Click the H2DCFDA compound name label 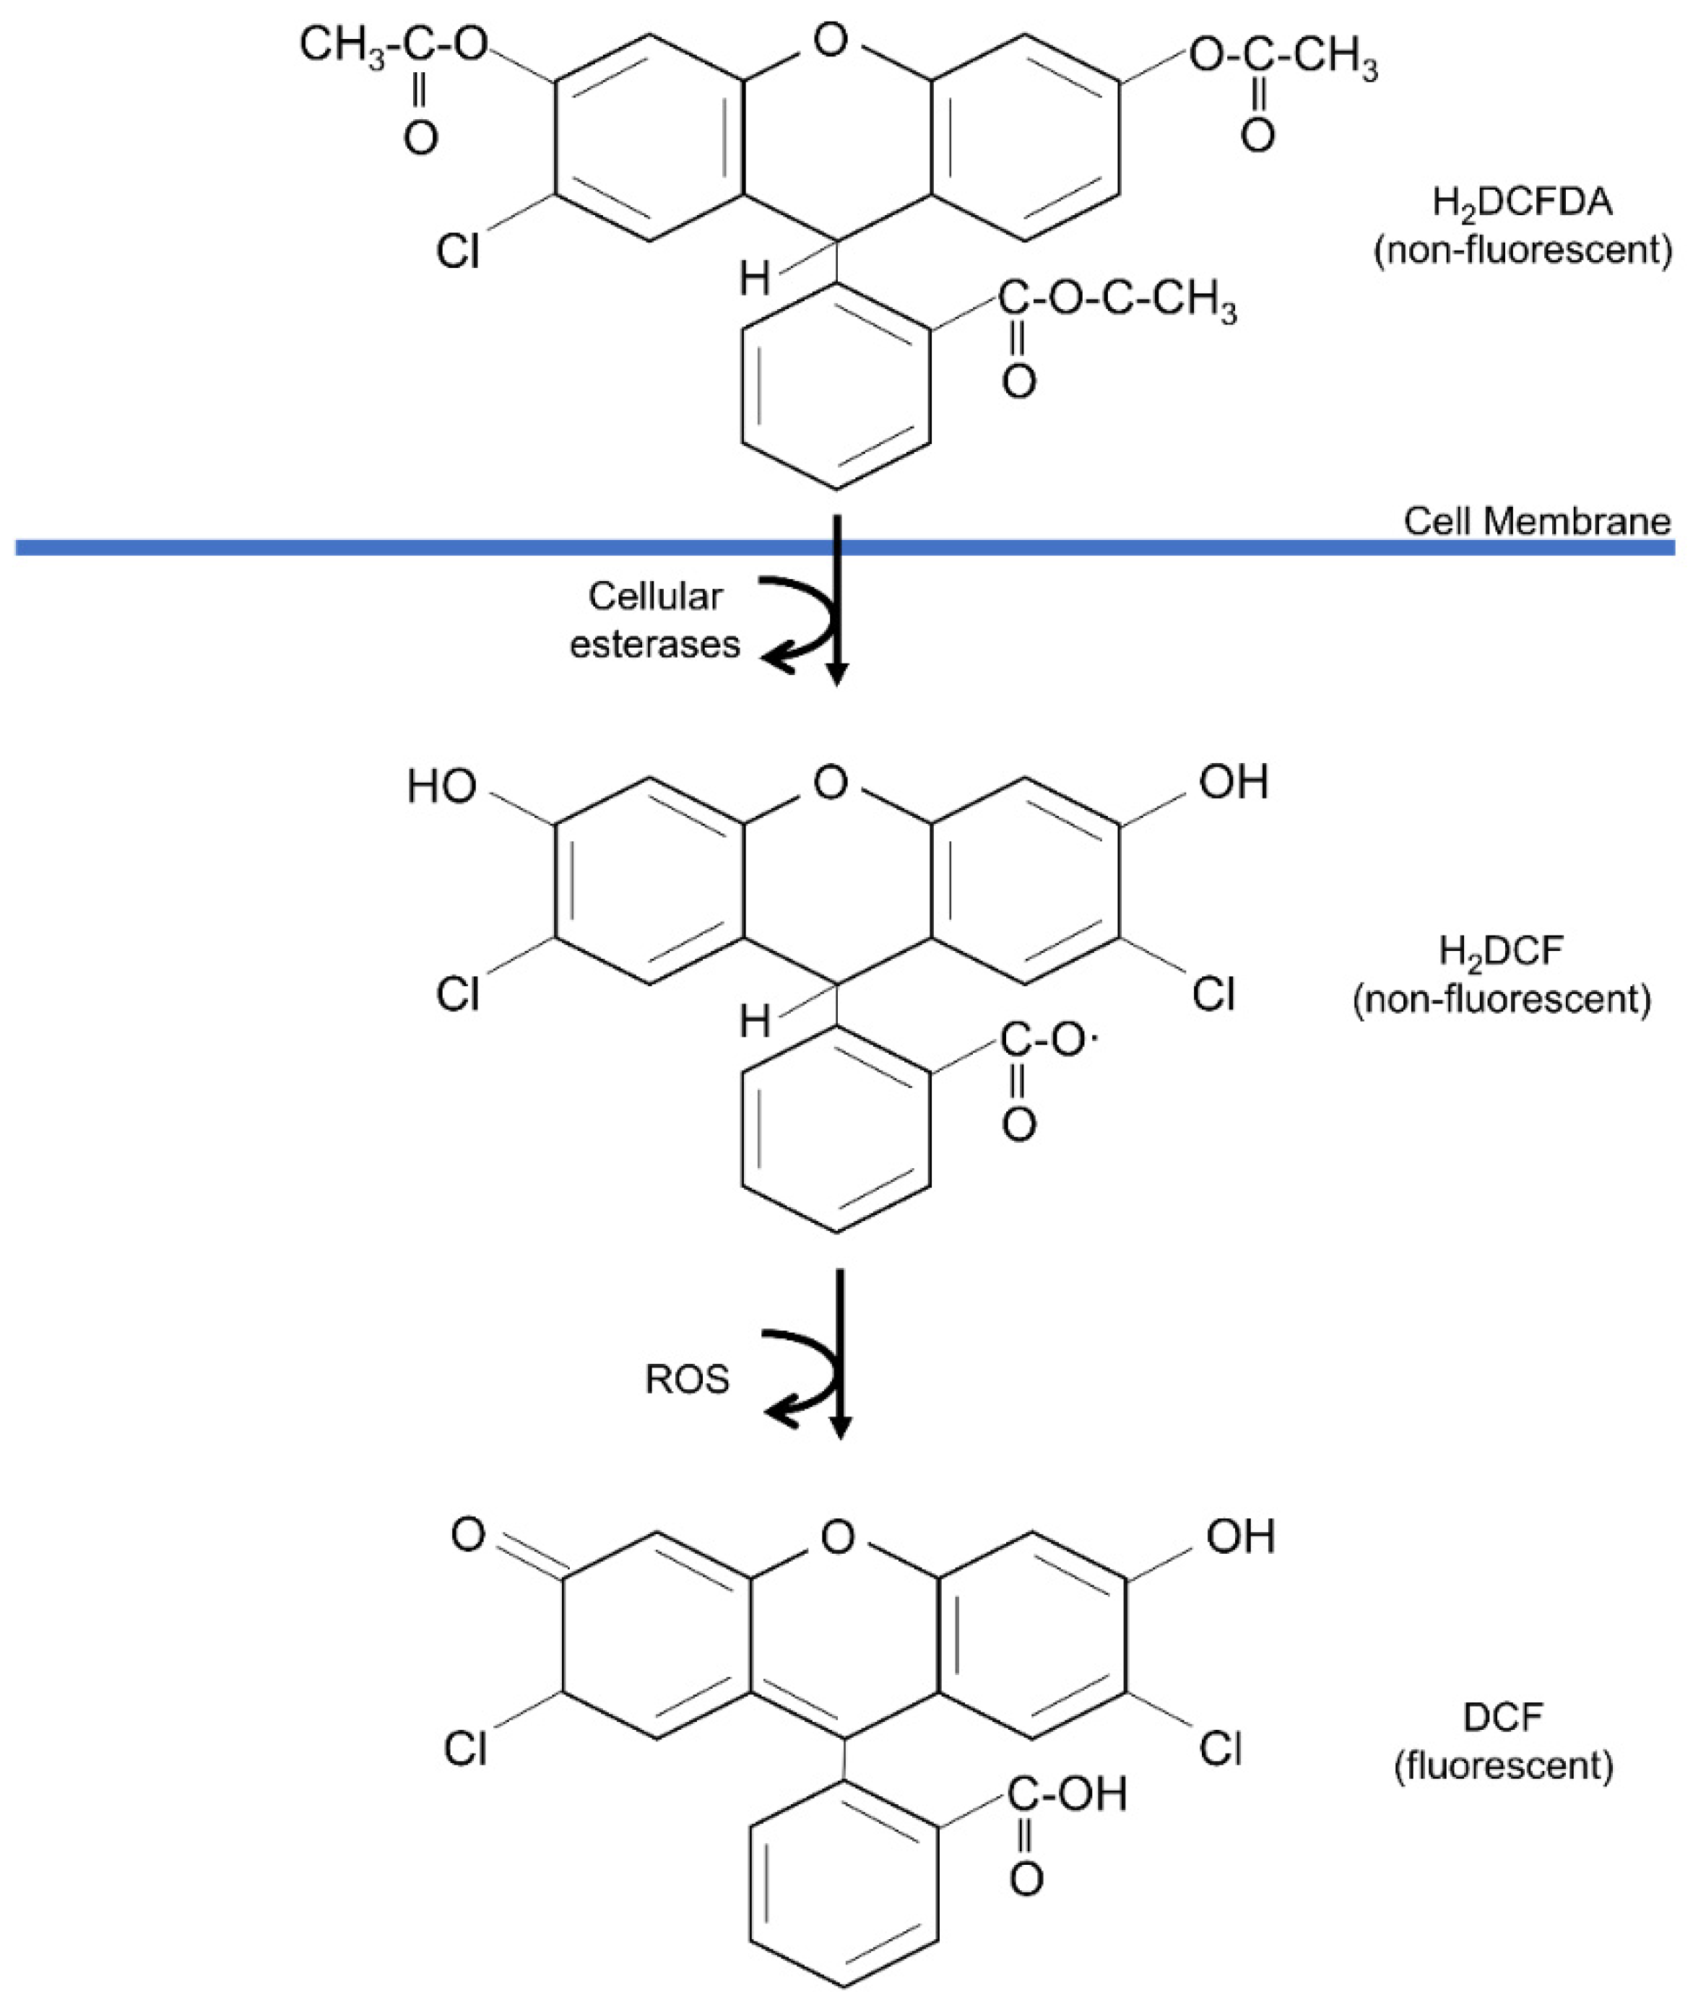[1522, 202]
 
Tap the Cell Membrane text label [1536, 521]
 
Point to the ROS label [687, 1380]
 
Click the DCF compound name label [1503, 1716]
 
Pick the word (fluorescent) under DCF [1503, 1765]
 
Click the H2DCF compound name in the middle [1501, 951]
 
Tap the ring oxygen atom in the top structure [830, 40]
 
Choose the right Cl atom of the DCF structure [1221, 1749]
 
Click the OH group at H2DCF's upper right [1234, 782]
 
